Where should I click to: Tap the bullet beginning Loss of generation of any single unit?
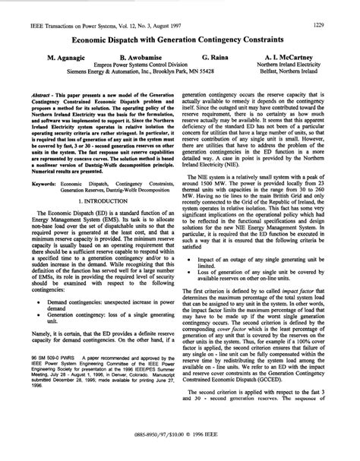pyautogui.click(x=266, y=274)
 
